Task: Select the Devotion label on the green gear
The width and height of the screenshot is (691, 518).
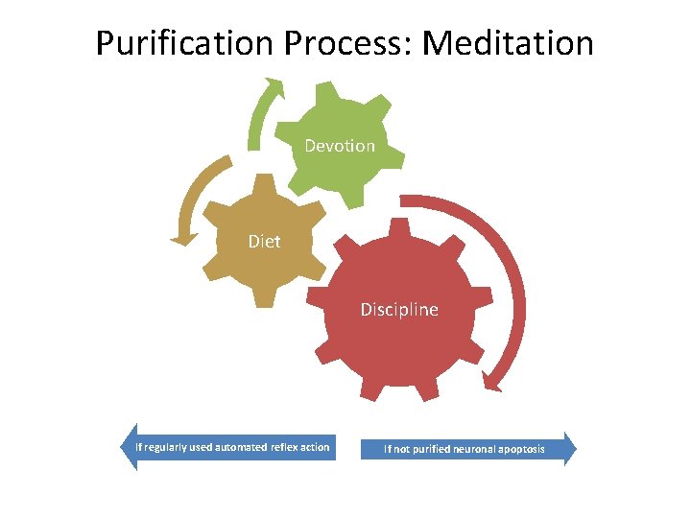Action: click(340, 146)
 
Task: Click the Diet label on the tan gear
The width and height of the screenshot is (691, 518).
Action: click(264, 242)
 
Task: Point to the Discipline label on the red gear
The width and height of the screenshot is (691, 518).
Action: click(399, 310)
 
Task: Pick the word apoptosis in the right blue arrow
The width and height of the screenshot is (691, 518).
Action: click(519, 449)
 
